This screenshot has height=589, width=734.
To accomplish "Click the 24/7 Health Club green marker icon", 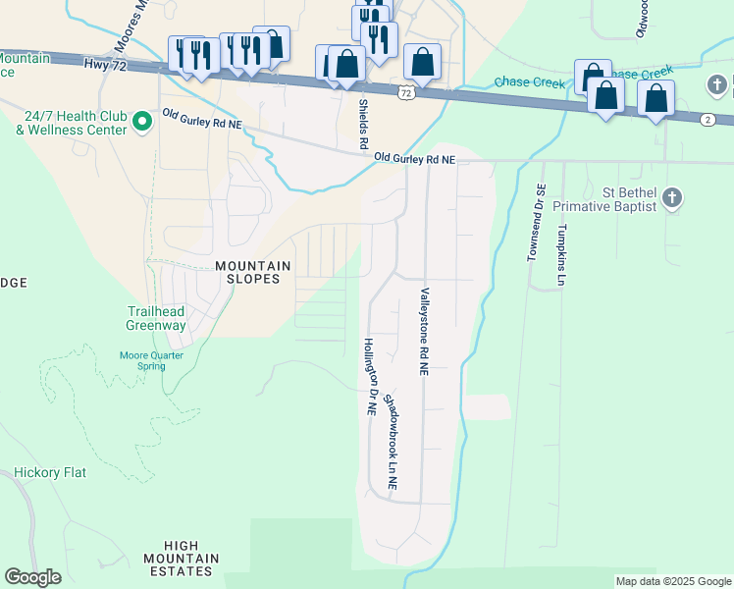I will [141, 122].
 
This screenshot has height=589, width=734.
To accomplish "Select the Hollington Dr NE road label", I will [371, 378].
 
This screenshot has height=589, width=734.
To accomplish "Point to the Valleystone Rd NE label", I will [425, 332].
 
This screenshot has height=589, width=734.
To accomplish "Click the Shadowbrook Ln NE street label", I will [391, 442].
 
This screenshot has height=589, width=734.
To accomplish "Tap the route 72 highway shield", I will [405, 92].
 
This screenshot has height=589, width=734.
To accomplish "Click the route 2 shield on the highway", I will [708, 119].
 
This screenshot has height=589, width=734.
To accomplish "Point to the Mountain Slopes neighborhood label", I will [253, 272].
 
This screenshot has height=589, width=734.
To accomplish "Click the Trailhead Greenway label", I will [156, 318].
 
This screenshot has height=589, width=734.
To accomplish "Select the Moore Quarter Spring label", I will [143, 360].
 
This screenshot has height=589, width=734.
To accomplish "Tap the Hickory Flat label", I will [50, 472].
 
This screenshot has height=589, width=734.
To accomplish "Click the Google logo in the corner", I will [32, 577].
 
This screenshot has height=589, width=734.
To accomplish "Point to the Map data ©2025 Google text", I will [673, 581].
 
